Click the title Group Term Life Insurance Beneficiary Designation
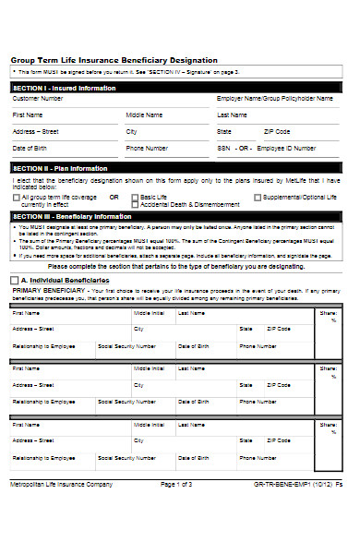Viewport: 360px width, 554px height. point(114,60)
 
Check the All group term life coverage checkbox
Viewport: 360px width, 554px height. point(15,197)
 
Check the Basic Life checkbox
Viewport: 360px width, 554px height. point(135,197)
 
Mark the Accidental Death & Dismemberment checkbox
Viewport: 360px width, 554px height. point(135,204)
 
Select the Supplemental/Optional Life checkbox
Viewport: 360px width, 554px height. point(258,197)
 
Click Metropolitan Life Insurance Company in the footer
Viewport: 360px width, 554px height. point(61,536)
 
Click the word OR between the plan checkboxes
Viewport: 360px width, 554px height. point(114,197)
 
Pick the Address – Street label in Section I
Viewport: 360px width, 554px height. point(35,132)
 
